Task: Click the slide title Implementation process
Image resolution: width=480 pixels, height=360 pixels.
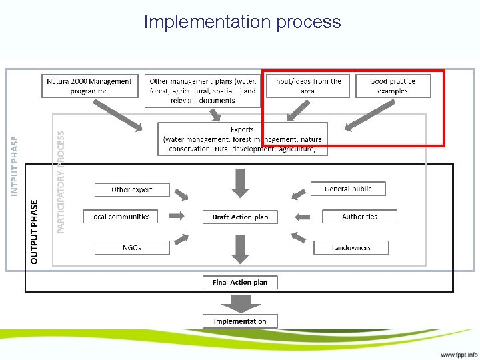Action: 242,22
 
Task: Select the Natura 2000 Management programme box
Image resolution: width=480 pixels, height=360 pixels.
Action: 90,86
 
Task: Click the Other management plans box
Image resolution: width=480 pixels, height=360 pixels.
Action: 203,91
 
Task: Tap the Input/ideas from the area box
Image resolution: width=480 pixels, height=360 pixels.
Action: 307,86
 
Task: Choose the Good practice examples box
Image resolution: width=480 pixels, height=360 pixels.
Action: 392,86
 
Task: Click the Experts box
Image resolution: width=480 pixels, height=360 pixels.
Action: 242,139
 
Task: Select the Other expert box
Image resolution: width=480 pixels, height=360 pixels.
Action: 131,189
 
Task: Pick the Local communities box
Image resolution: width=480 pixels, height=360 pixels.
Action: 120,217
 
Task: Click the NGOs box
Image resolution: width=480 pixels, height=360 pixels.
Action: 131,247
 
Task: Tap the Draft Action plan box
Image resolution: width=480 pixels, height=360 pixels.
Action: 240,217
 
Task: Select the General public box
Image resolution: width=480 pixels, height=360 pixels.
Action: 347,189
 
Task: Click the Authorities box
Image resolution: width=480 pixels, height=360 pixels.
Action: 359,217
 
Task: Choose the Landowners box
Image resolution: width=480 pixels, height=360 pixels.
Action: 351,247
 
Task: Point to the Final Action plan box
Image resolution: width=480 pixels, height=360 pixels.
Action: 240,282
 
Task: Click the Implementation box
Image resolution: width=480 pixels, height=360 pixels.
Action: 240,321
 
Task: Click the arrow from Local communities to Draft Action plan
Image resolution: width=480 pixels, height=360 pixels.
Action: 178,216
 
